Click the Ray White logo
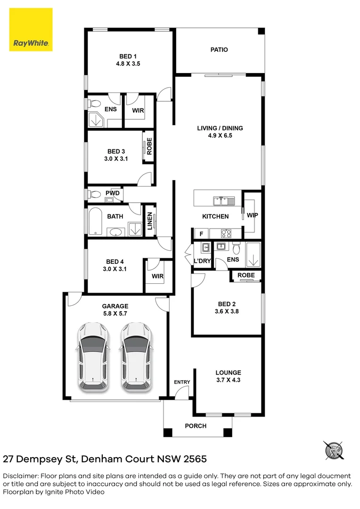pos(31,29)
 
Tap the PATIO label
pos(219,49)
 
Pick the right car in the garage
pos(136,357)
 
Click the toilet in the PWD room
pos(95,194)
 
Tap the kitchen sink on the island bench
pos(223,201)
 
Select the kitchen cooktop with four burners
pos(226,233)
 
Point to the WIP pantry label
pos(253,215)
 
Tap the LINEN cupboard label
pos(150,221)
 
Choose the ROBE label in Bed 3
pos(149,146)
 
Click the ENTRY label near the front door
pos(182,382)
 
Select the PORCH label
pos(196,426)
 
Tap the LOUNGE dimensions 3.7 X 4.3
pos(228,380)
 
